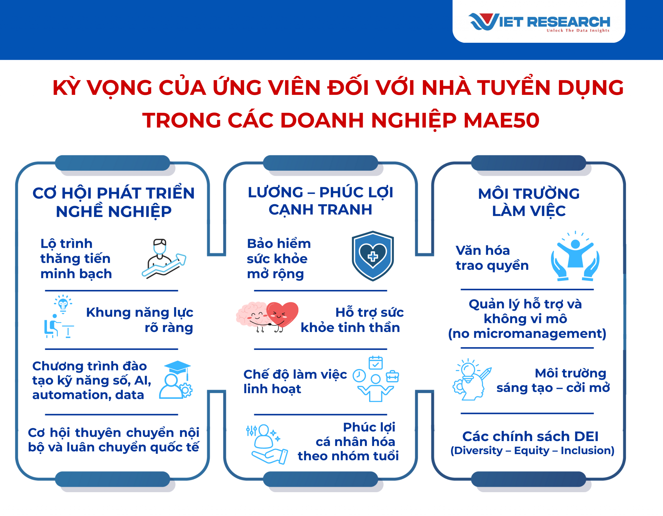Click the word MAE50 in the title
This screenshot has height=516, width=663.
[x=501, y=120]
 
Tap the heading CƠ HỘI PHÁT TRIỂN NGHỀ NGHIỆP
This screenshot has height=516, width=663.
[x=113, y=202]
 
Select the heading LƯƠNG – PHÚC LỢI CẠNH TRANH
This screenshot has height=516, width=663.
[x=320, y=201]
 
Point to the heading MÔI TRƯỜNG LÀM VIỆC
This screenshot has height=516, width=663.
[x=529, y=202]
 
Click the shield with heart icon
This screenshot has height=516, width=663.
[x=373, y=256]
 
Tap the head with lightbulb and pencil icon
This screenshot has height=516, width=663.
[x=471, y=379]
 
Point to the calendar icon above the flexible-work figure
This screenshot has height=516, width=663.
[x=376, y=363]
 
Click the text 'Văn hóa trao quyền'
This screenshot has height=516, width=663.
[x=492, y=258]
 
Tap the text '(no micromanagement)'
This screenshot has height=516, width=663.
[x=527, y=334]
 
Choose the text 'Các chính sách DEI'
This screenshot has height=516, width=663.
[x=530, y=436]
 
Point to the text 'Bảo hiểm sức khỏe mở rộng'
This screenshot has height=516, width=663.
[x=279, y=258]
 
